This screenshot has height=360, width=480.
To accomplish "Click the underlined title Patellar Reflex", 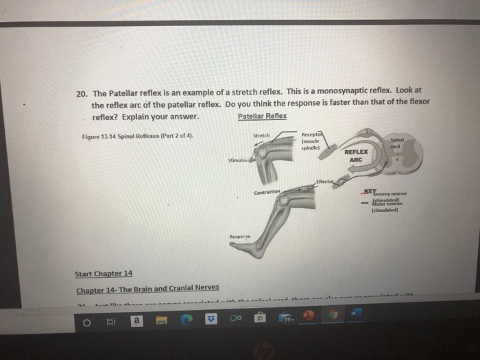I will point(262,116).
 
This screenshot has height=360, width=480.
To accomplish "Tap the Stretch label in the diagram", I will point(261,135).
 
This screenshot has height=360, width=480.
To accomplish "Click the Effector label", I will point(326,181).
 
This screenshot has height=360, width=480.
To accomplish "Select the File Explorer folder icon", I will point(163,320).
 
